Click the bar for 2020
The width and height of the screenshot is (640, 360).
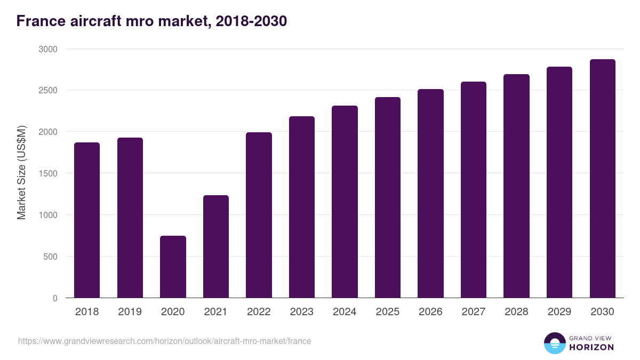pyautogui.click(x=173, y=267)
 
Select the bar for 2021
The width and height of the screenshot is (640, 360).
pyautogui.click(x=216, y=246)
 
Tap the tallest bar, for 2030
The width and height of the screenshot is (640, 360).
pyautogui.click(x=602, y=179)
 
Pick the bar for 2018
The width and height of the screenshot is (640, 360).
pyautogui.click(x=87, y=220)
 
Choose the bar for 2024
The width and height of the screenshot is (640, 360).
pyautogui.click(x=345, y=202)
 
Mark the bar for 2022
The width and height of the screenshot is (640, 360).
pyautogui.click(x=259, y=215)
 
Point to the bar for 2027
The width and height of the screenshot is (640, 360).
pyautogui.click(x=474, y=190)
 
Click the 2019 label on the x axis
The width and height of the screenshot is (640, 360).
pyautogui.click(x=130, y=312)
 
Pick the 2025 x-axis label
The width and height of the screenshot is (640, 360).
pyautogui.click(x=387, y=312)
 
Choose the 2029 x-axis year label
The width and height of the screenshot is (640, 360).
pyautogui.click(x=559, y=312)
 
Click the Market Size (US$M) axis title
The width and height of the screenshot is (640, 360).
pyautogui.click(x=21, y=173)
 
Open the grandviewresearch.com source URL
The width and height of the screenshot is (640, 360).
pyautogui.click(x=164, y=341)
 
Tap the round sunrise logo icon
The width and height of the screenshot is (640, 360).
pyautogui.click(x=554, y=343)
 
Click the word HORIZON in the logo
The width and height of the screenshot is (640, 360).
pyautogui.click(x=591, y=347)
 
